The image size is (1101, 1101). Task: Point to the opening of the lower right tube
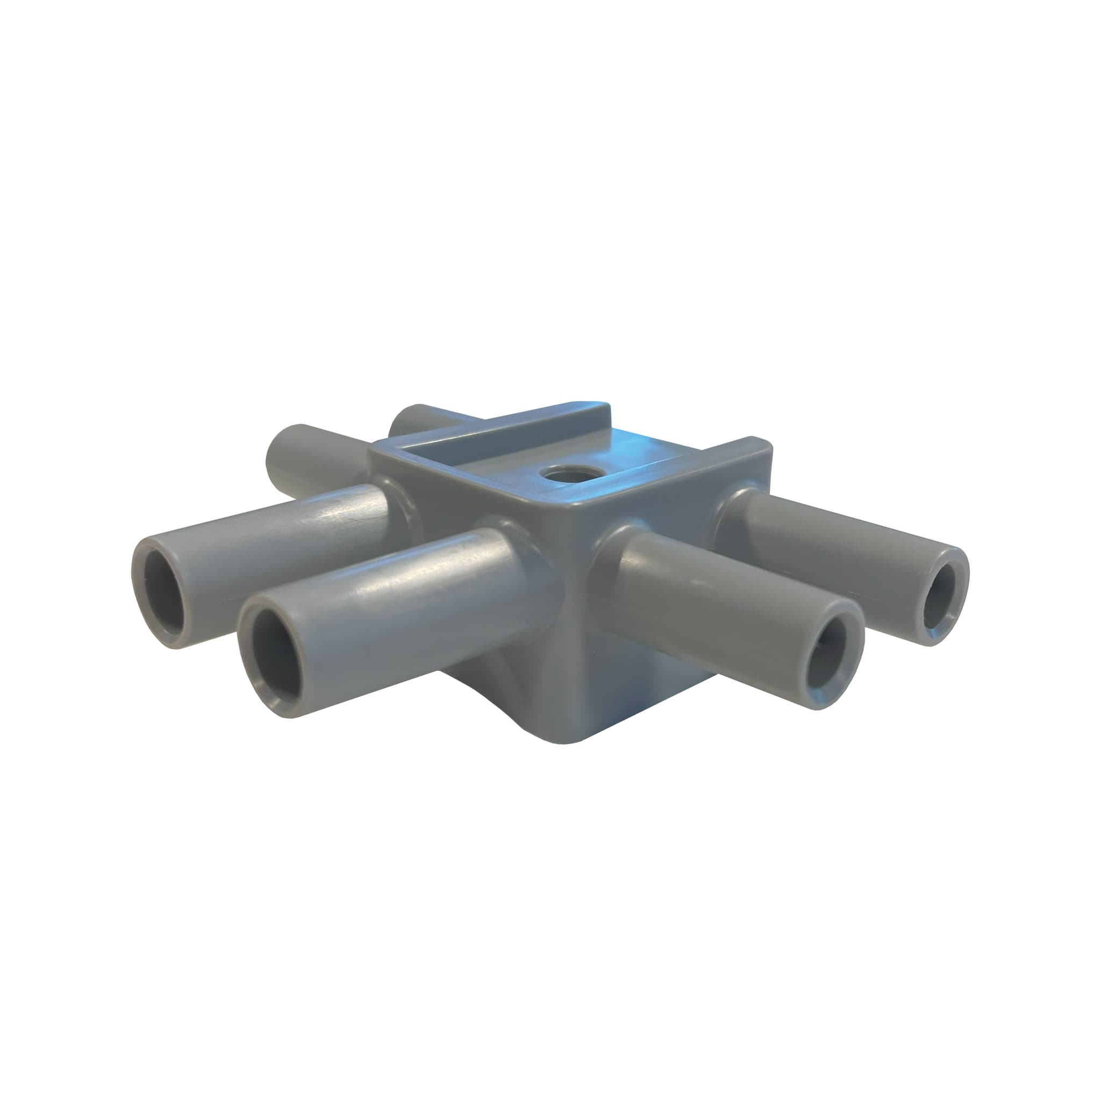click(x=829, y=663)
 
